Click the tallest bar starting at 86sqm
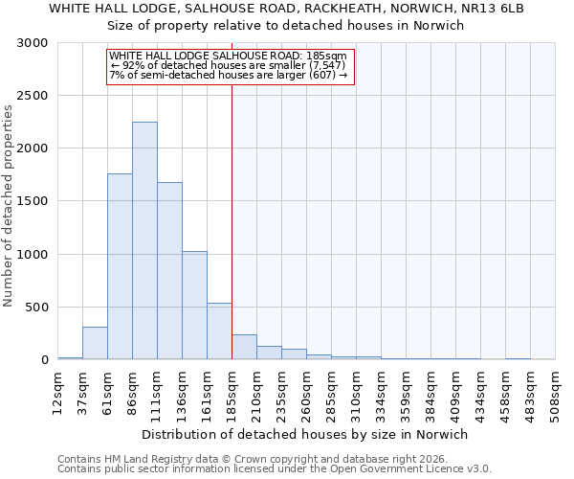pyautogui.click(x=144, y=240)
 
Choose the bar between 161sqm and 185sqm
pyautogui.click(x=219, y=331)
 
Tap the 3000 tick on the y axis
pyautogui.click(x=33, y=43)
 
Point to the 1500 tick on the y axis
pyautogui.click(x=33, y=201)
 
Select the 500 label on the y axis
pyautogui.click(x=37, y=308)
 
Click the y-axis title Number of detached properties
pyautogui.click(x=10, y=206)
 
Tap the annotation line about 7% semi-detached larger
pyautogui.click(x=228, y=75)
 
